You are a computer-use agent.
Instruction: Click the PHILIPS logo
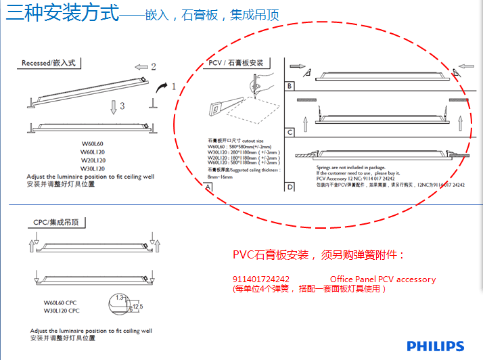[x=435, y=346]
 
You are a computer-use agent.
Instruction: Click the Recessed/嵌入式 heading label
[x=51, y=63]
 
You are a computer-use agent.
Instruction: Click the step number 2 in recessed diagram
[x=154, y=66]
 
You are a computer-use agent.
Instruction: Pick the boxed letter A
[x=209, y=187]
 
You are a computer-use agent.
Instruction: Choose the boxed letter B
[x=290, y=86]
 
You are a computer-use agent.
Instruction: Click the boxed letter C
[x=290, y=133]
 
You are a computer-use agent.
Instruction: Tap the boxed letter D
[x=290, y=187]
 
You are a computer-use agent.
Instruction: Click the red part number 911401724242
[x=261, y=279]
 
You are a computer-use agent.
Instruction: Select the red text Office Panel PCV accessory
[x=383, y=279]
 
